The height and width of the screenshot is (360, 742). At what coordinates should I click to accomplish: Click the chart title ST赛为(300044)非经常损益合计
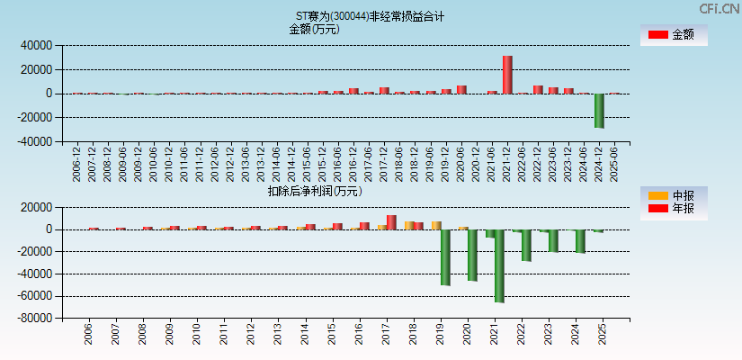370,16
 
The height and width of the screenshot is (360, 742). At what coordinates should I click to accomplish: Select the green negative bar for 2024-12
599,111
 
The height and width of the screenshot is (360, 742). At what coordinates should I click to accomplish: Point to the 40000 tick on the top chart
37,45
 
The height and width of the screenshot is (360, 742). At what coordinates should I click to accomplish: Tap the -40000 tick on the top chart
35,141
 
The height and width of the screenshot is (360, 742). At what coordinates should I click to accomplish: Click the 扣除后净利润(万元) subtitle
315,191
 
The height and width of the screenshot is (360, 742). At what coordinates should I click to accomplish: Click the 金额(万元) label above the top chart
314,29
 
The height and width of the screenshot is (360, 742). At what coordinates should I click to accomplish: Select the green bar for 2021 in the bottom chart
499,265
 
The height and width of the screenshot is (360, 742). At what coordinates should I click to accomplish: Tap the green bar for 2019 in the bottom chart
444,257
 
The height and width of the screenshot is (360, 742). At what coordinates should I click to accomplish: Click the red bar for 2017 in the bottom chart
391,222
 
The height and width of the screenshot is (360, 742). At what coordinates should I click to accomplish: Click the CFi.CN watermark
720,8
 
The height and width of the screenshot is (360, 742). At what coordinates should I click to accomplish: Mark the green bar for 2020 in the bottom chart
472,255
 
